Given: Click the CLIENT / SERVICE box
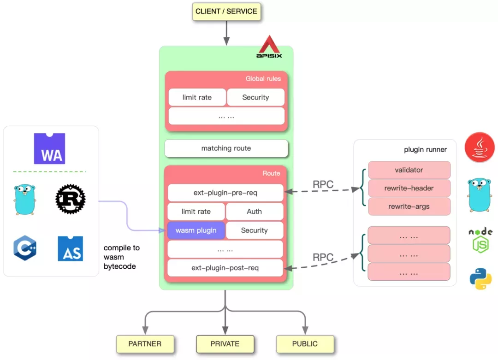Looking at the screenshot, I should pos(226,12).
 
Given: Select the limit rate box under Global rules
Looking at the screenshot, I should pos(197,97).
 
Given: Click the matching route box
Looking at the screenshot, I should pos(226,148).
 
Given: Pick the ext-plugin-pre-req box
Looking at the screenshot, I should pos(225,193).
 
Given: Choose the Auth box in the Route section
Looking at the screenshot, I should pos(254,212).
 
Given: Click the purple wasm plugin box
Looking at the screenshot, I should pos(196,230).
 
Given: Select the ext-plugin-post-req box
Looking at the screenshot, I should pos(225,268).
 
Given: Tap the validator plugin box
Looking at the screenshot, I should pos(409,170).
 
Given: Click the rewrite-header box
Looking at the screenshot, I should pos(409,188).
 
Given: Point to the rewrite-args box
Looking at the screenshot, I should pos(409,207).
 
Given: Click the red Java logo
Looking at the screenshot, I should pos(480,148).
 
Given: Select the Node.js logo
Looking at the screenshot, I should pos(480,240).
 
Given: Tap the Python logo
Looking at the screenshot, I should pos(480,279).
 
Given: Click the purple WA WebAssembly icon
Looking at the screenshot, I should pos(49,149).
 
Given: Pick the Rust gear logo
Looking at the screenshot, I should pos(70,200).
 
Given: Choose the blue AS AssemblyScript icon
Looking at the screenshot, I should pos(70,248).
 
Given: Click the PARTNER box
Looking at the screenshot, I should pos(145,344).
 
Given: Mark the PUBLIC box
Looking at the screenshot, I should pos(305,344).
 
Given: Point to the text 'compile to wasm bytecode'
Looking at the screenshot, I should pos(121,257).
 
